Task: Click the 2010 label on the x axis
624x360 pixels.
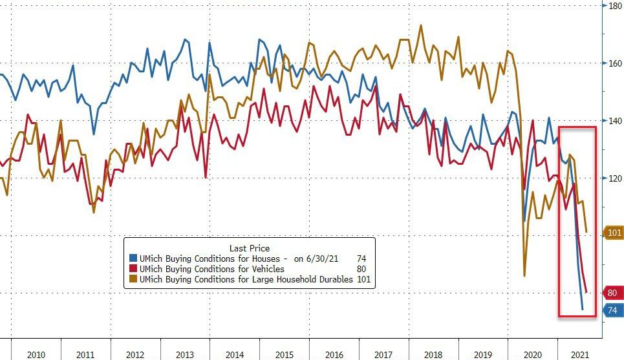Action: click(x=36, y=354)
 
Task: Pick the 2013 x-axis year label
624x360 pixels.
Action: click(x=185, y=354)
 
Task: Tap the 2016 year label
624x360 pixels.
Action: click(x=334, y=354)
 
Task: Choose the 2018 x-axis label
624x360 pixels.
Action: click(x=433, y=354)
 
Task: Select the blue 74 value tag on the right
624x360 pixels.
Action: click(x=612, y=310)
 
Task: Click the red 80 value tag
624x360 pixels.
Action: click(x=612, y=293)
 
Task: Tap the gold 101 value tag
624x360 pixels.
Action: click(x=613, y=232)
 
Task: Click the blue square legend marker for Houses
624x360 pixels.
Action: click(x=133, y=259)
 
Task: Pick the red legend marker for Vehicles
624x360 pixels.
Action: click(x=133, y=270)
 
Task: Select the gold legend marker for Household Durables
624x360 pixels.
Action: click(x=133, y=280)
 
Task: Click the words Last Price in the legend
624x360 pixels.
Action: click(x=250, y=248)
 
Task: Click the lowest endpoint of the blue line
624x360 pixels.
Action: click(x=582, y=310)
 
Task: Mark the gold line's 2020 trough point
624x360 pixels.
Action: click(x=524, y=276)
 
